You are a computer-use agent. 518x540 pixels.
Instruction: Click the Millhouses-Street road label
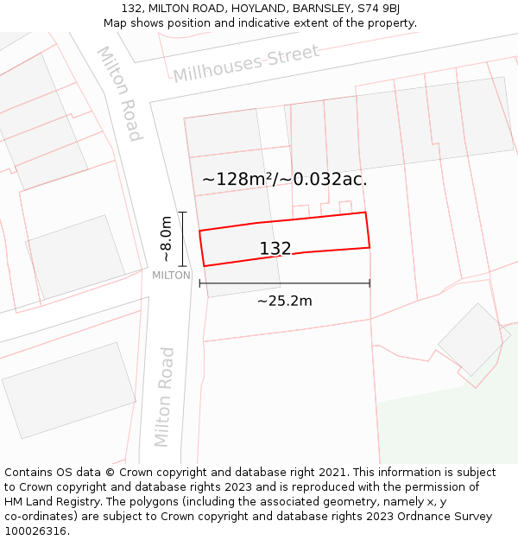pos(246,63)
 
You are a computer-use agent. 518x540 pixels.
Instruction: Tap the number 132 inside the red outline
pos(275,249)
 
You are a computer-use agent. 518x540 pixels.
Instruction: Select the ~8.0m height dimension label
pos(167,239)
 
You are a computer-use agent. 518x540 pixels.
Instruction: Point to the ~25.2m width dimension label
pos(284,301)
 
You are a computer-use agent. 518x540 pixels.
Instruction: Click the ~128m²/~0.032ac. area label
pos(284,180)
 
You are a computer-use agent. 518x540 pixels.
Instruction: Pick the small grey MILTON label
pos(171,276)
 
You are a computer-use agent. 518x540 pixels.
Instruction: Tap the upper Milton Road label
pos(119,93)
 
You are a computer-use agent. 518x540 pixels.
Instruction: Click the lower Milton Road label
pos(164,397)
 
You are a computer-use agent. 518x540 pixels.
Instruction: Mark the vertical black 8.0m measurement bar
pos(182,239)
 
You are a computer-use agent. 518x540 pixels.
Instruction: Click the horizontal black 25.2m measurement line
pos(284,283)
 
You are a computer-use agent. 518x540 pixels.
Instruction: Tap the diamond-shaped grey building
pos(471,339)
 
